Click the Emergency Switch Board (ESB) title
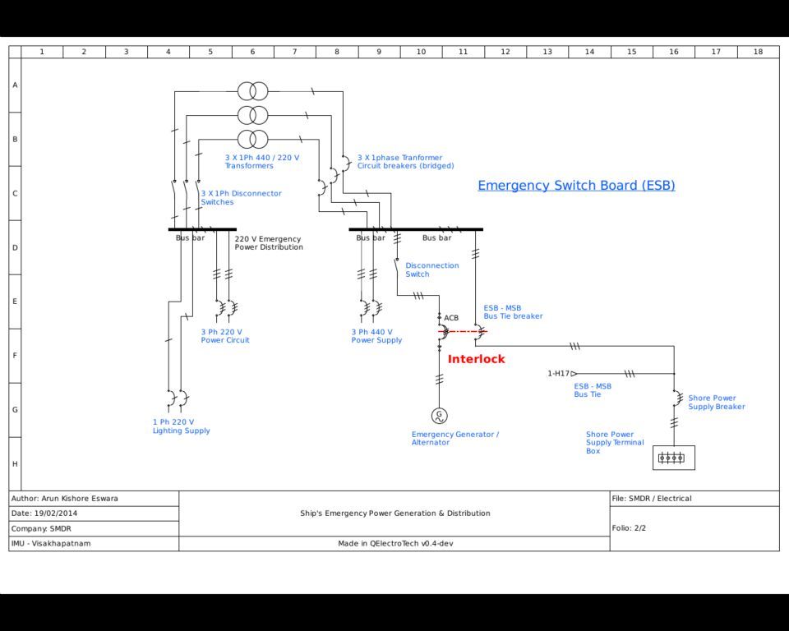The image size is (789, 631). pos(576,186)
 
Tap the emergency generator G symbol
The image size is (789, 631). pos(439,416)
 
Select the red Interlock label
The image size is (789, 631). pos(476,359)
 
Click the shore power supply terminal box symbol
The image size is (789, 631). pos(674,458)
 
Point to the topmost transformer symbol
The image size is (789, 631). pos(252,91)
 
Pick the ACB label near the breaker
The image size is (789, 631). pos(451,318)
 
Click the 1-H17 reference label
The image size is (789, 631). pos(559,373)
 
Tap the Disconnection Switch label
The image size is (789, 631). pos(431,269)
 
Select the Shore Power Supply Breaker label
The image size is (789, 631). pos(717,402)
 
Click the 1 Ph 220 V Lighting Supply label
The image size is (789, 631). pos(181,426)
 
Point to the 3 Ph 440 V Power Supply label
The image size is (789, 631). pos(376,336)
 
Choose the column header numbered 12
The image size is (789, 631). pos(505,51)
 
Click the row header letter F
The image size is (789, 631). pos(15,355)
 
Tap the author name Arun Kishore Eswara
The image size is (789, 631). pos(80,499)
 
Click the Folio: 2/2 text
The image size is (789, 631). pos(629,527)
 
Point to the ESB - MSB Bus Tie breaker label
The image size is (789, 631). pos(513,312)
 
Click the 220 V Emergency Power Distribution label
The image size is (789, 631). pos(269,243)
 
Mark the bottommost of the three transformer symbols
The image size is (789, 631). pos(252,139)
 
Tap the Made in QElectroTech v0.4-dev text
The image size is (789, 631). pos(395,543)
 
